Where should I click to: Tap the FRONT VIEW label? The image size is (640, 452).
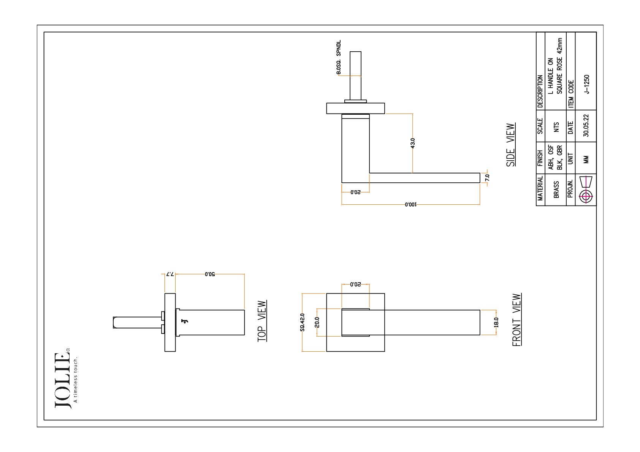[x=516, y=319]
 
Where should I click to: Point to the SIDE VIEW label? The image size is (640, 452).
[x=510, y=145]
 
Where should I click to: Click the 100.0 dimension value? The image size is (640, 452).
[x=410, y=204]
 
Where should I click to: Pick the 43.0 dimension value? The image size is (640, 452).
[x=413, y=143]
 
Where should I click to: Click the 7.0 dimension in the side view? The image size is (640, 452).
[x=488, y=178]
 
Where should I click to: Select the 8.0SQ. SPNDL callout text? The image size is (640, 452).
[x=339, y=57]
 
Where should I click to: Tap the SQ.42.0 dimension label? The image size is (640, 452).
[x=302, y=322]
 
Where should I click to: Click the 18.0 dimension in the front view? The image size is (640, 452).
[x=496, y=322]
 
